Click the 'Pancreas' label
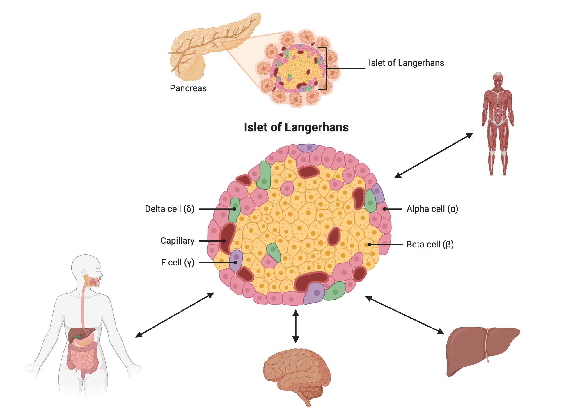click(x=188, y=88)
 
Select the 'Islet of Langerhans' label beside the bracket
click(x=406, y=63)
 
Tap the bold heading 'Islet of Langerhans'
click(x=296, y=127)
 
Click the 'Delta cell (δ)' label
click(x=169, y=209)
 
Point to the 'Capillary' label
click(x=177, y=241)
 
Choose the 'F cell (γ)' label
click(x=178, y=263)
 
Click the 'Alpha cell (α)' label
click(x=432, y=209)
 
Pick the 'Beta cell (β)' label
click(x=430, y=245)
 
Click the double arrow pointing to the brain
click(x=296, y=326)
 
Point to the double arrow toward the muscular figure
click(x=434, y=155)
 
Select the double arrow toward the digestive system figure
click(x=175, y=315)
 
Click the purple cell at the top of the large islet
click(x=307, y=148)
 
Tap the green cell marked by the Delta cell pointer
click(x=234, y=210)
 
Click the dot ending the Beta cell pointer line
click(x=369, y=245)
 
